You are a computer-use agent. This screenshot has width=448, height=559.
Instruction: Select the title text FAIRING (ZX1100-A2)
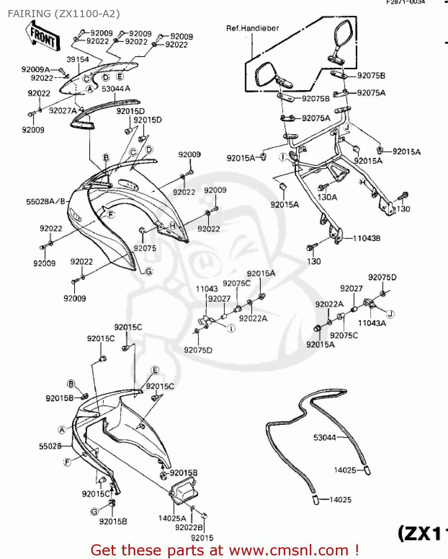pos(64,14)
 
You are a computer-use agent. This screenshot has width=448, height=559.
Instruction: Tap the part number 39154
pos(77,59)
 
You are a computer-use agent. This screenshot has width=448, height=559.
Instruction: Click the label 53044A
pos(116,89)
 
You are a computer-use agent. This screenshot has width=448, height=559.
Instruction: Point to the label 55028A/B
pos(45,202)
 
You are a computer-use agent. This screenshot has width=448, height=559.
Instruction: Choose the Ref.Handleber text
pos(252,28)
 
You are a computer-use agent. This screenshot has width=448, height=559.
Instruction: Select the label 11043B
pos(366,238)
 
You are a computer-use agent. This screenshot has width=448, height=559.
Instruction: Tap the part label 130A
pos(327,197)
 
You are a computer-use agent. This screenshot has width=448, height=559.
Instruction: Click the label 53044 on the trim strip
pos(324,438)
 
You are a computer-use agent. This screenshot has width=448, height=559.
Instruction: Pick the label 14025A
pos(172,518)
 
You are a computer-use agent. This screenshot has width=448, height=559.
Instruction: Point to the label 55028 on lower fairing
pos(50,446)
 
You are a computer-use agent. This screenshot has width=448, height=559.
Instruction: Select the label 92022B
pos(189,527)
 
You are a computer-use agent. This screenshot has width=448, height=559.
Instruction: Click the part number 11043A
pos(372,323)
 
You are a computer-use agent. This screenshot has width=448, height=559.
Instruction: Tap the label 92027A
pos(63,111)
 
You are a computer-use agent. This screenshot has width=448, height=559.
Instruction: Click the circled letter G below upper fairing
pos(149,271)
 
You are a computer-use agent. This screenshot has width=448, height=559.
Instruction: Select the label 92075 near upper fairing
pos(145,248)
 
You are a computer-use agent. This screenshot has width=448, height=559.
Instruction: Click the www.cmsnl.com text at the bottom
pos(288,550)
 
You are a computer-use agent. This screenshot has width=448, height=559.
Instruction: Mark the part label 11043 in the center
pos(207,289)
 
